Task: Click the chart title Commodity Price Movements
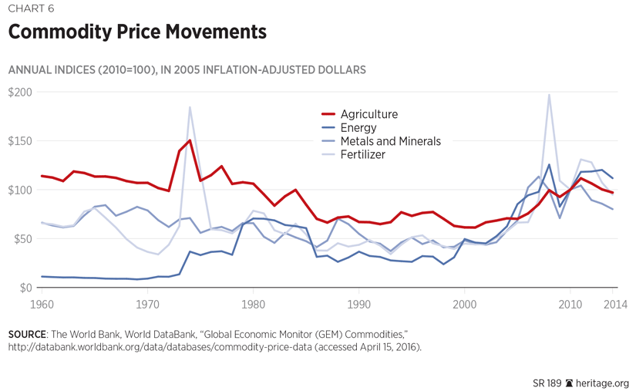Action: pos(137,32)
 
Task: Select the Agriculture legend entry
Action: pos(368,114)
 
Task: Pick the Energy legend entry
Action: pos(358,128)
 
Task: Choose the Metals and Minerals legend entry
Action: pos(390,141)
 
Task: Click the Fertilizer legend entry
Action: pos(362,154)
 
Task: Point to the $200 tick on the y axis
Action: pos(21,93)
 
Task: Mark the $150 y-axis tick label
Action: pos(21,141)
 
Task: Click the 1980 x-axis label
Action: pos(254,305)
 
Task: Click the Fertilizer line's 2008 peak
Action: pos(549,95)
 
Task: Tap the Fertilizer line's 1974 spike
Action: pos(190,107)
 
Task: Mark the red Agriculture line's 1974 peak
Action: pos(190,140)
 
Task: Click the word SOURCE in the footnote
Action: pos(26,335)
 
